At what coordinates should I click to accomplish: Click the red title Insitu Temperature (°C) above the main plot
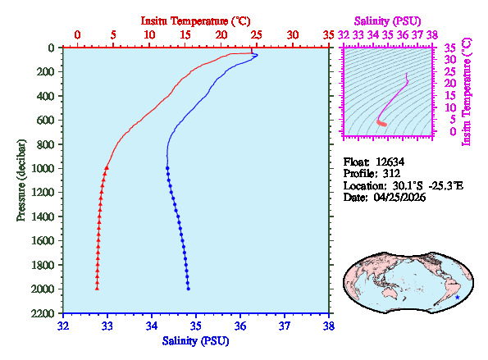(x=196, y=19)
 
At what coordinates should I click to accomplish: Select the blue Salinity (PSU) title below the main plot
(x=196, y=340)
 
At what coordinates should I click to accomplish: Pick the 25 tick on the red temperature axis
(x=257, y=34)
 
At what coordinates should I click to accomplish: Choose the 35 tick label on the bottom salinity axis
(x=196, y=325)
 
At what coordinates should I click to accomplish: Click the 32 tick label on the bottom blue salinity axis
(x=63, y=325)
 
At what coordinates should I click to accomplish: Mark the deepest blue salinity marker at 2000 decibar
(x=189, y=289)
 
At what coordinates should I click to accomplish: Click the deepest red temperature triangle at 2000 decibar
(x=97, y=289)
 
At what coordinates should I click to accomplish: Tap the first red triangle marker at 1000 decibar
(x=107, y=167)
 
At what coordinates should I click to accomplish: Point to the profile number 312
(x=385, y=174)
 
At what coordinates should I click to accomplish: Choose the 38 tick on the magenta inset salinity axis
(x=432, y=35)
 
